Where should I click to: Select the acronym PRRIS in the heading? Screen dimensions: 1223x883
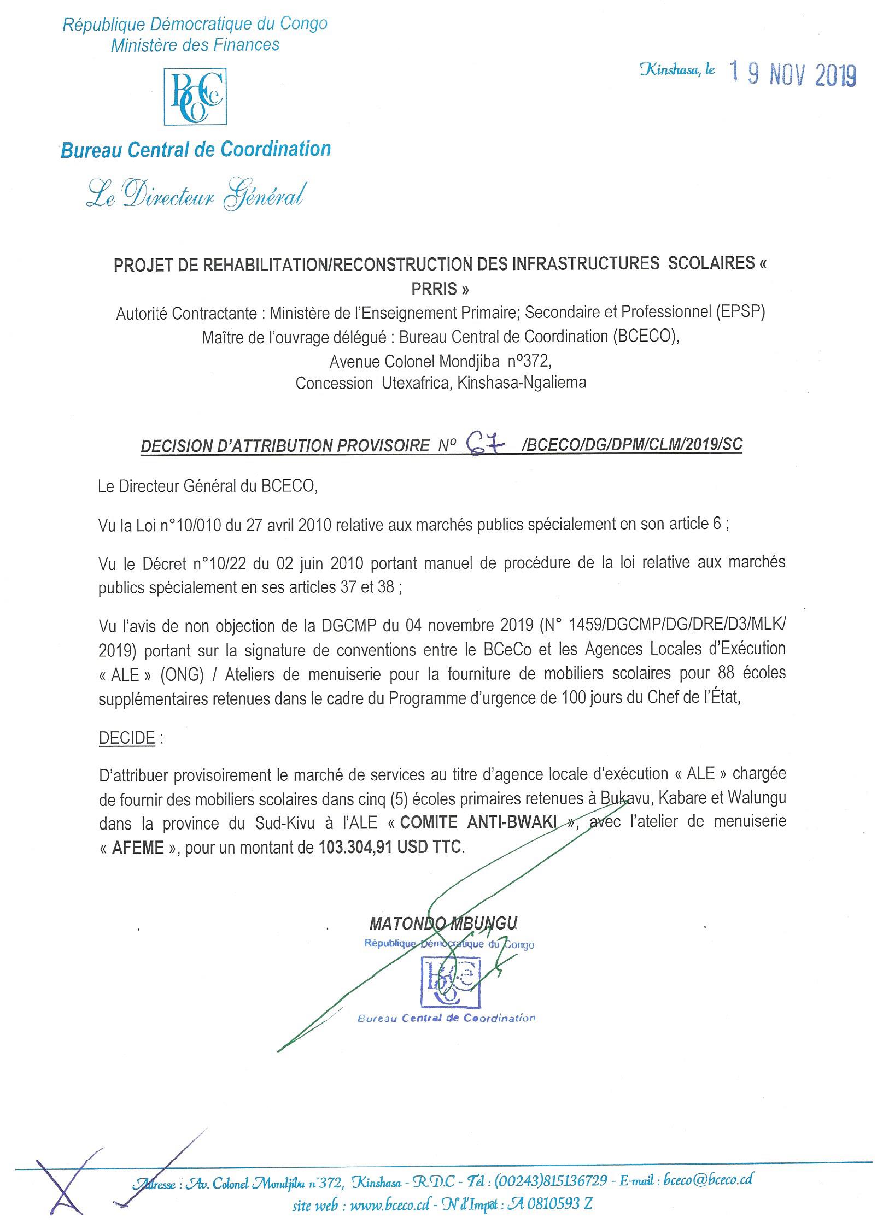[x=440, y=288]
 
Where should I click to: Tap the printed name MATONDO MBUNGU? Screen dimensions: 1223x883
[x=443, y=923]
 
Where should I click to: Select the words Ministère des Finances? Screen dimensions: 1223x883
[x=195, y=45]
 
